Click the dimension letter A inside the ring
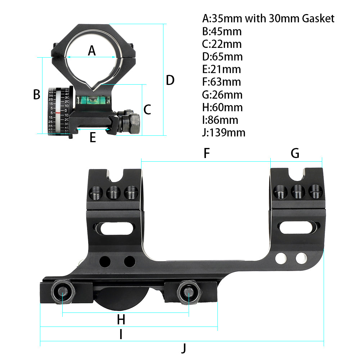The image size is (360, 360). click(x=92, y=51)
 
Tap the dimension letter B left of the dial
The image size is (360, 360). click(x=36, y=94)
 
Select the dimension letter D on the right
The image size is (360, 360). click(x=170, y=80)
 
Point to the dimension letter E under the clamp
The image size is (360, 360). click(x=93, y=137)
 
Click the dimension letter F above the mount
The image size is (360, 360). click(x=206, y=153)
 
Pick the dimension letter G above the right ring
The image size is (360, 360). click(x=295, y=153)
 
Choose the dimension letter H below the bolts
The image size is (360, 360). click(x=121, y=319)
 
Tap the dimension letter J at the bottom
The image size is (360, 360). click(x=184, y=348)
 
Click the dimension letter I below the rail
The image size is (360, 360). click(x=121, y=335)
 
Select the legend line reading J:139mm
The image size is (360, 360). click(x=224, y=132)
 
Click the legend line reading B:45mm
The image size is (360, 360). click(x=222, y=31)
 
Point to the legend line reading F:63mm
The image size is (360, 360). click(x=221, y=82)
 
